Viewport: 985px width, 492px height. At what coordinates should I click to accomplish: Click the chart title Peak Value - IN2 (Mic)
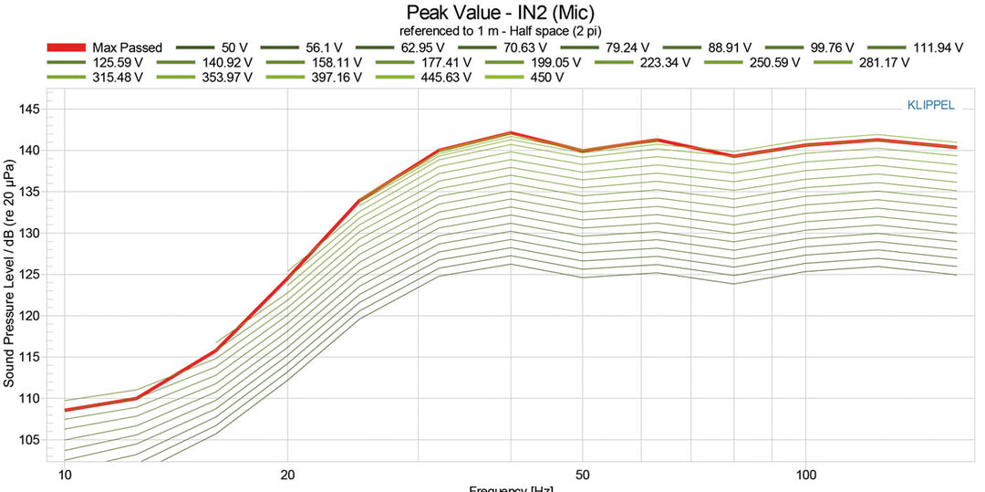493,13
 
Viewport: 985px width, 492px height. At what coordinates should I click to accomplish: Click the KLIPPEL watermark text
930,105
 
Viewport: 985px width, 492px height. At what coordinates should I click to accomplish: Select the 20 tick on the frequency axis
287,476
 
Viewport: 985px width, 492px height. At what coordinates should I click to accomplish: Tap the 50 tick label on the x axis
583,476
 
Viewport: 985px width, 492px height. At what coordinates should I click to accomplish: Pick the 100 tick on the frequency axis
805,476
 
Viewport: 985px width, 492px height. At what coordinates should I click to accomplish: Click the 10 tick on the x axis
65,476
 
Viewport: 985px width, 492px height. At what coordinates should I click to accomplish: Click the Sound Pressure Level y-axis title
9,274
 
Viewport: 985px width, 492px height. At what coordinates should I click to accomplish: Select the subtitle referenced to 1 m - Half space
493,30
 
